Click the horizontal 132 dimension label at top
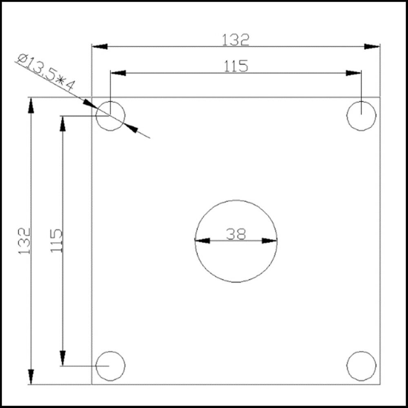tap(235, 40)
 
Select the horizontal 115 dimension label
tap(236, 66)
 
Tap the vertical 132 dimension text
tap(24, 241)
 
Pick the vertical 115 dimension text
tap(56, 241)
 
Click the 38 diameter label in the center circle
tap(236, 234)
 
